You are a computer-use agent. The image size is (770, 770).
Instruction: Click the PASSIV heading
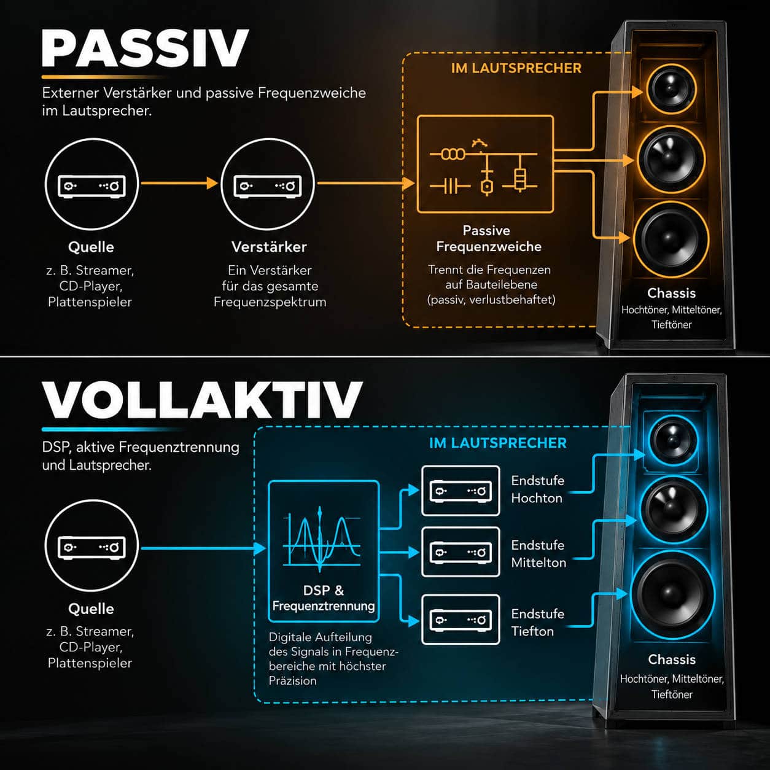pos(145,48)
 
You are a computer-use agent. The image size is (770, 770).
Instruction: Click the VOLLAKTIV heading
pos(202,400)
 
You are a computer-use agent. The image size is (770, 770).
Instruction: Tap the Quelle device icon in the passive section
pos(91,184)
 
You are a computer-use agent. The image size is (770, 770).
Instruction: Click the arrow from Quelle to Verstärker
pos(179,184)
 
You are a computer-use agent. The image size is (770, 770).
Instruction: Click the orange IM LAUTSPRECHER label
pos(516,68)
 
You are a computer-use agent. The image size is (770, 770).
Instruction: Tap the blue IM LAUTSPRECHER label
pos(498,443)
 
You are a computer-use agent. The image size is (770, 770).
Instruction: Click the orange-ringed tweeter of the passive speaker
pos(671,89)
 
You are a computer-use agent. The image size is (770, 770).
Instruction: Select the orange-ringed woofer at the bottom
pos(671,239)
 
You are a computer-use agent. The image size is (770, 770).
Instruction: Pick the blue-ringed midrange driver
pos(674,510)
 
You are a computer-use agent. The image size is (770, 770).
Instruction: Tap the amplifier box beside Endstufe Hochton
pos(461,491)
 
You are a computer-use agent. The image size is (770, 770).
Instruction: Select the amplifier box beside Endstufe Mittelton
pos(461,552)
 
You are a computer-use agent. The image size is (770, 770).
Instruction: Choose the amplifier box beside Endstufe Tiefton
pos(461,620)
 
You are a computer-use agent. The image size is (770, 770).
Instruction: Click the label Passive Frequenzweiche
pos(488,238)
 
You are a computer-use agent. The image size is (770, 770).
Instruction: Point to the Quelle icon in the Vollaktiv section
pos(91,546)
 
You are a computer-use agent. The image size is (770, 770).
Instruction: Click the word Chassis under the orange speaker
pos(671,293)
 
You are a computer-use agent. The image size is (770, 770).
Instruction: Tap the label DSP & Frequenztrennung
pos(324,598)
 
